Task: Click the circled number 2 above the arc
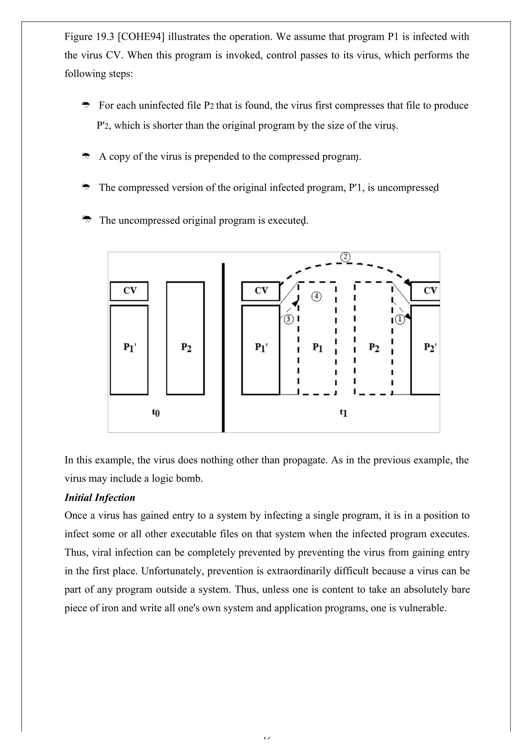[345, 257]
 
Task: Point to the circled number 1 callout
[400, 319]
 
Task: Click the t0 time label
[156, 412]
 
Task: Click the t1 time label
[343, 412]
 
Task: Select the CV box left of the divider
[129, 291]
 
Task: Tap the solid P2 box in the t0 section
[185, 338]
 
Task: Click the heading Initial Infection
[100, 498]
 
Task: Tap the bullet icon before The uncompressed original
[86, 219]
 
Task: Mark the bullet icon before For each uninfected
[86, 105]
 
